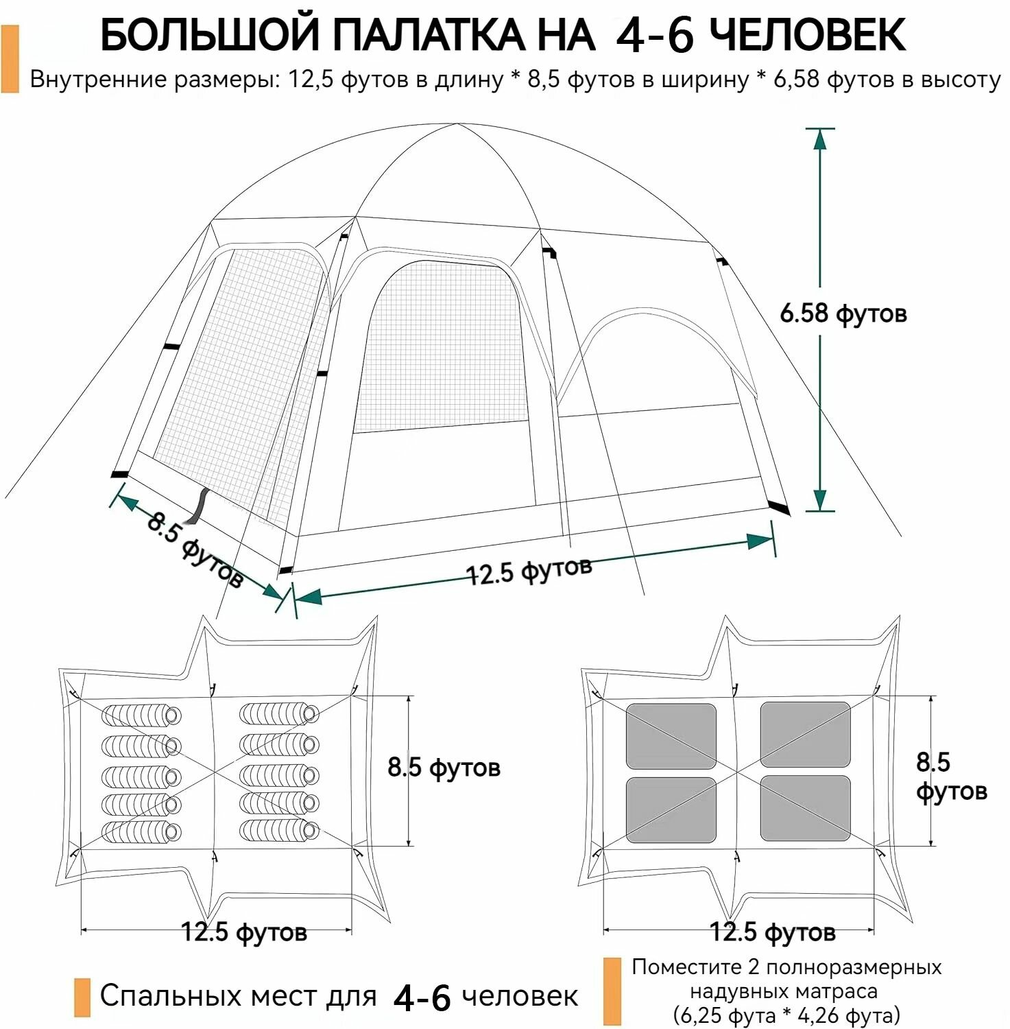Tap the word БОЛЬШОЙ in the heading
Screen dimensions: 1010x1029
pyautogui.click(x=210, y=34)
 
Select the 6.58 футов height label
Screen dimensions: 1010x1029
pyautogui.click(x=843, y=314)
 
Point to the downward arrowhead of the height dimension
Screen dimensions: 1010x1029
pyautogui.click(x=820, y=500)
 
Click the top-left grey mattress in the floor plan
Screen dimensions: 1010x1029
pyautogui.click(x=671, y=735)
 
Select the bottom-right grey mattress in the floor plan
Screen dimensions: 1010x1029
pyautogui.click(x=806, y=808)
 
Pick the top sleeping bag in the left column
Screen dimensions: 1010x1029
pyautogui.click(x=141, y=715)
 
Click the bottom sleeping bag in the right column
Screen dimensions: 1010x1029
pyautogui.click(x=279, y=830)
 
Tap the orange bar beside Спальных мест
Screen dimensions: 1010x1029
pyautogui.click(x=82, y=997)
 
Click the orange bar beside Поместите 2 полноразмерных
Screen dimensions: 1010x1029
pyautogui.click(x=612, y=991)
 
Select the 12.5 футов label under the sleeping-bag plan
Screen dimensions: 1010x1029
pyautogui.click(x=243, y=932)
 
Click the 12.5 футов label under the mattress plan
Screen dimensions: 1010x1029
pyautogui.click(x=772, y=932)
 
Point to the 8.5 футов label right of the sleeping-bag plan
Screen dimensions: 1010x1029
pyautogui.click(x=444, y=767)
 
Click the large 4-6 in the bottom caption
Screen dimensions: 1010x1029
pyautogui.click(x=422, y=997)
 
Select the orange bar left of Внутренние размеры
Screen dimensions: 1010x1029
pyautogui.click(x=10, y=59)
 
